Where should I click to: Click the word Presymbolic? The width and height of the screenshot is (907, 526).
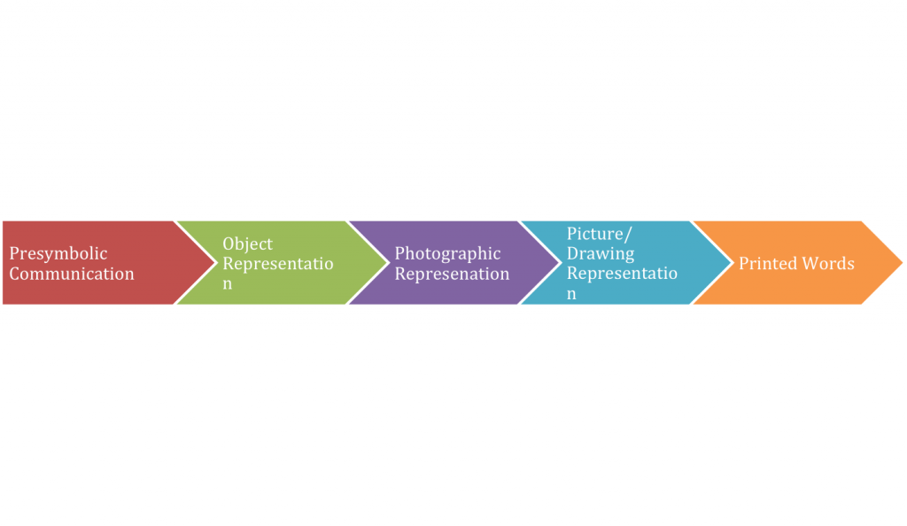point(58,254)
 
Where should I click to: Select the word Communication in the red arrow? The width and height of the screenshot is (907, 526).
point(72,274)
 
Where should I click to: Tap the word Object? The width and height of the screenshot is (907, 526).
point(248,244)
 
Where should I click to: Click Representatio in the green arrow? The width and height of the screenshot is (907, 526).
point(277,264)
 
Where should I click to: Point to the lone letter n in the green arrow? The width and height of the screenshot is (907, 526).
point(228,284)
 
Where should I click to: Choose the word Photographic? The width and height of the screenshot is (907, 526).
point(447,254)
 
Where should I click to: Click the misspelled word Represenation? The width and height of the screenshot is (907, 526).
point(452,274)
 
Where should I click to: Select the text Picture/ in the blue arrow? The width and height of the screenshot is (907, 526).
point(600,234)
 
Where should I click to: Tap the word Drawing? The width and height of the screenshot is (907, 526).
point(601,254)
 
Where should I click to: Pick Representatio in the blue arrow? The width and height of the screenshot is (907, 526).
point(622,273)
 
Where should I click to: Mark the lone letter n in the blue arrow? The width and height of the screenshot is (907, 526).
point(571,294)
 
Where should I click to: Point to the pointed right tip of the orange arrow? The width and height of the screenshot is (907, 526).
point(903,262)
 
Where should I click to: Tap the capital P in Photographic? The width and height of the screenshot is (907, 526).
point(399,253)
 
